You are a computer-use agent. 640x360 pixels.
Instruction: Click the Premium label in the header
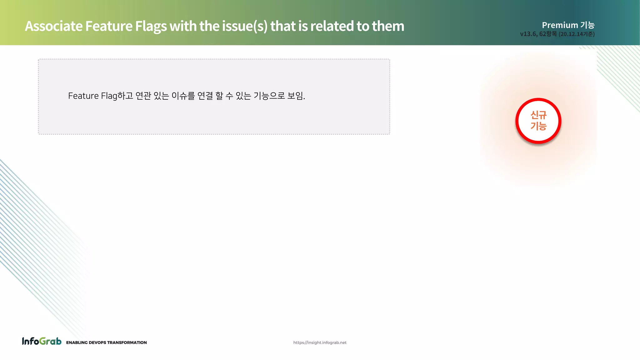[560, 25]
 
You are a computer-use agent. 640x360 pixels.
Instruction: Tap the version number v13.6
[528, 34]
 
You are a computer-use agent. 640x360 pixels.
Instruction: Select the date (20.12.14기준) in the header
[577, 34]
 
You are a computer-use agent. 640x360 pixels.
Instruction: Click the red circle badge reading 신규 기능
[538, 121]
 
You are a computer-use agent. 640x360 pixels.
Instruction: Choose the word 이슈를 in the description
[183, 96]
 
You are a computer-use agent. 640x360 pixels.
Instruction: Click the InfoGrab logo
[42, 341]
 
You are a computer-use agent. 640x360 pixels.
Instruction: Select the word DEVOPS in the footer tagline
[97, 342]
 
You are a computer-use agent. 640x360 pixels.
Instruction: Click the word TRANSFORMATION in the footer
[127, 342]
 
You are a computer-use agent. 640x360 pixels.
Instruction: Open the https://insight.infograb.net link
[320, 342]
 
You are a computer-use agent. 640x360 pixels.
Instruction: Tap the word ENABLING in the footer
[77, 342]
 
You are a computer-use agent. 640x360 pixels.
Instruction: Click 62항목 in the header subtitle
[548, 34]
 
